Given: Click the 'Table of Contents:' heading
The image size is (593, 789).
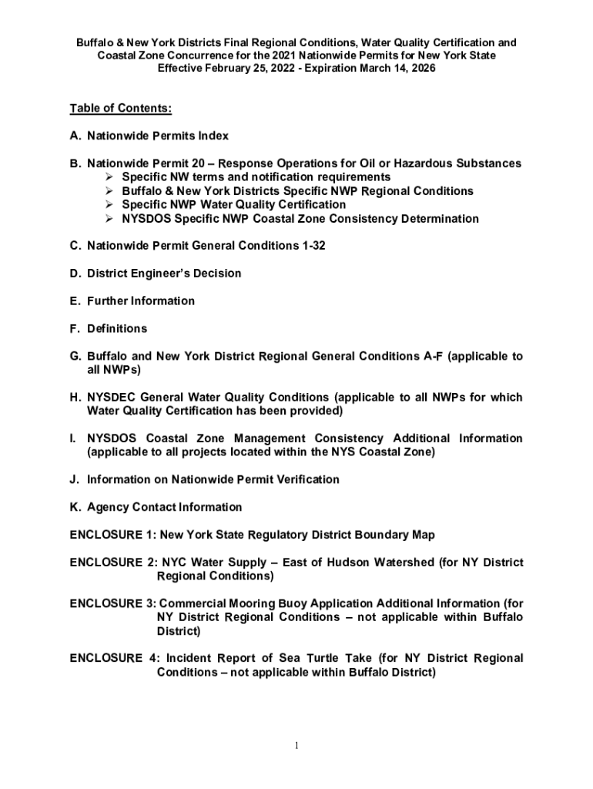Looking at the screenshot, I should click(x=120, y=108).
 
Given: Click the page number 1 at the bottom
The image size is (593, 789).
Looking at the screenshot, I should click(x=296, y=746).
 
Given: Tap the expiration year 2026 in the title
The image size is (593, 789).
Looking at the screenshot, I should click(x=421, y=69).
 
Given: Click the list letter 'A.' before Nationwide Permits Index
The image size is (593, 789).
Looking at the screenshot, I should click(x=75, y=136).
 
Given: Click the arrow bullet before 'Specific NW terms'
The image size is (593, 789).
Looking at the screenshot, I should click(x=109, y=177).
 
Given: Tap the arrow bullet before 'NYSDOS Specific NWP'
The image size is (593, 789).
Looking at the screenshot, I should click(x=109, y=219).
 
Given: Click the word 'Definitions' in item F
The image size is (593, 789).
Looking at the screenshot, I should click(x=117, y=329).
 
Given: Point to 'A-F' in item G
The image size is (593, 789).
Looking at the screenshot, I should click(x=434, y=357).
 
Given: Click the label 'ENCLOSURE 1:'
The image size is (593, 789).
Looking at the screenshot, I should click(x=112, y=535).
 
